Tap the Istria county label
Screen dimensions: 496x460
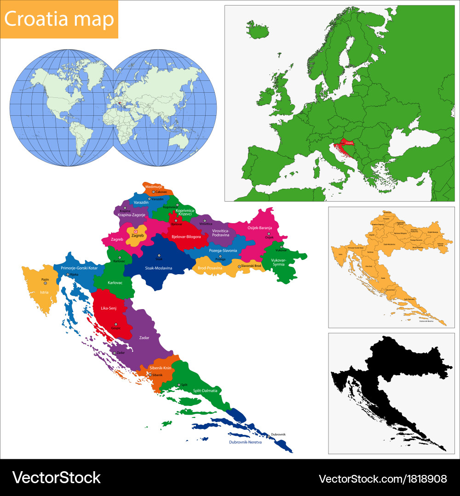point(44,292)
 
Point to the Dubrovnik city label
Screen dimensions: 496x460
point(278,434)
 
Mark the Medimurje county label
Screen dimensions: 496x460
point(154,186)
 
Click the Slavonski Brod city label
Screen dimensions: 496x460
point(251,266)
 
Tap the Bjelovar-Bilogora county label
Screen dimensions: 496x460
point(186,237)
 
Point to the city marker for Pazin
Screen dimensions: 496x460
point(45,283)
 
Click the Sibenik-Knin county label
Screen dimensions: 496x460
point(160,368)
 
